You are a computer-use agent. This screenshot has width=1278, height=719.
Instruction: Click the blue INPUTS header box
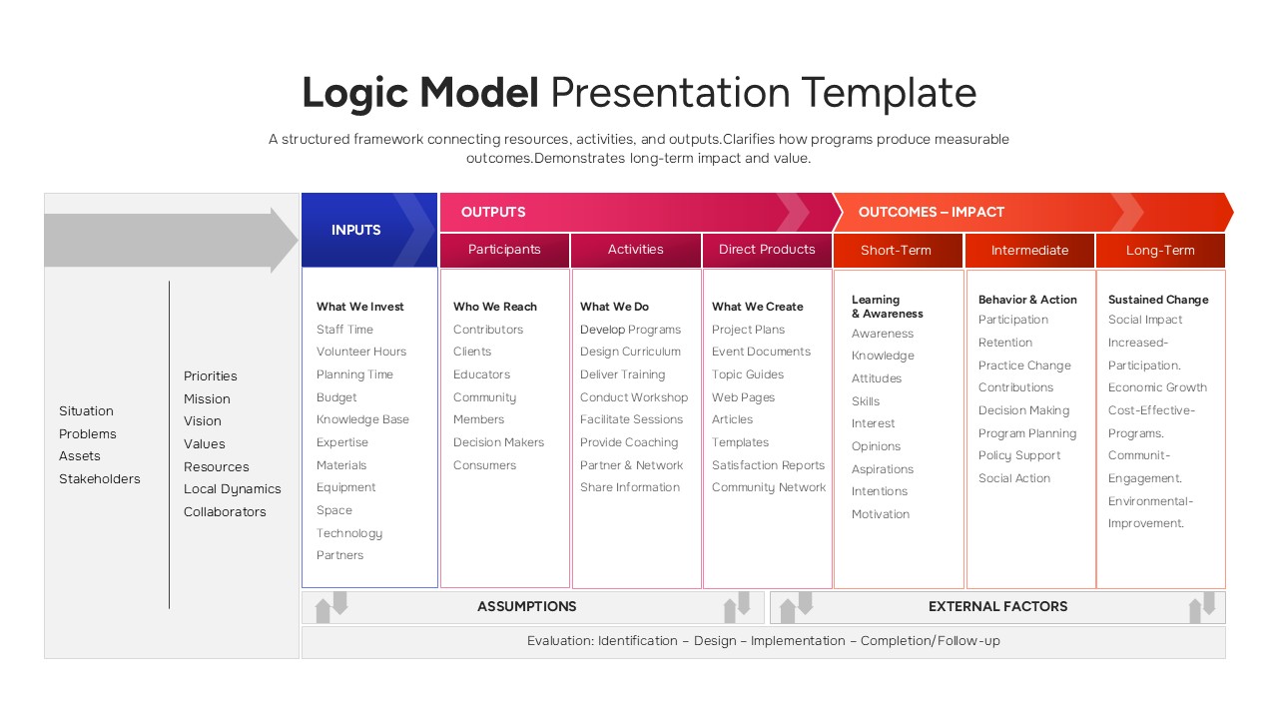click(356, 231)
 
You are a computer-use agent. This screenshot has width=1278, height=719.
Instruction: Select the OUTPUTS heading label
click(493, 212)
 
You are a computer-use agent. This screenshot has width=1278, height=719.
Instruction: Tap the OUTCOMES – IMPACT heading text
click(931, 212)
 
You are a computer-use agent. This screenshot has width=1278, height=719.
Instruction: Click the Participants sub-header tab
click(504, 250)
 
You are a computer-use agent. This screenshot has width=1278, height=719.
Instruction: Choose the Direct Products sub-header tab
click(767, 250)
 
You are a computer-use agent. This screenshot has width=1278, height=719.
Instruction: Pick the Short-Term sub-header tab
click(896, 251)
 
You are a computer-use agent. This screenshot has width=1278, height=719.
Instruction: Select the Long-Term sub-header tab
click(1160, 251)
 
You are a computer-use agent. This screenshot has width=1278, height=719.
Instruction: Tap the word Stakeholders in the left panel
click(100, 479)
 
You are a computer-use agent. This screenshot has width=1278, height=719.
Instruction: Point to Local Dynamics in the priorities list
click(232, 489)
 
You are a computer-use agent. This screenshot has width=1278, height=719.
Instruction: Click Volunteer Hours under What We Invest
click(361, 352)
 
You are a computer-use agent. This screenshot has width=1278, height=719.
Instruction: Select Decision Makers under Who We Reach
click(498, 442)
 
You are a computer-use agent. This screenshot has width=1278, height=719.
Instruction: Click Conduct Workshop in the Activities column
click(634, 397)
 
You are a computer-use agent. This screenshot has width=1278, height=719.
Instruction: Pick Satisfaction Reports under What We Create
click(768, 465)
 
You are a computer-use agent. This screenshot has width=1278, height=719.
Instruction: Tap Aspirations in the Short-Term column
click(882, 469)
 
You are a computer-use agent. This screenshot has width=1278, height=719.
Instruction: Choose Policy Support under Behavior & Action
click(1019, 455)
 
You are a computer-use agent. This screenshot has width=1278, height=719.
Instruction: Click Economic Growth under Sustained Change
click(1157, 387)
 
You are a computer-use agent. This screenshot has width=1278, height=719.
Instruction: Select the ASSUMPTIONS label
click(526, 606)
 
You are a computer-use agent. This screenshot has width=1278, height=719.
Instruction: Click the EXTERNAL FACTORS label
click(997, 606)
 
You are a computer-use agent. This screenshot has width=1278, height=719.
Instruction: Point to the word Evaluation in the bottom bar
click(559, 641)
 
